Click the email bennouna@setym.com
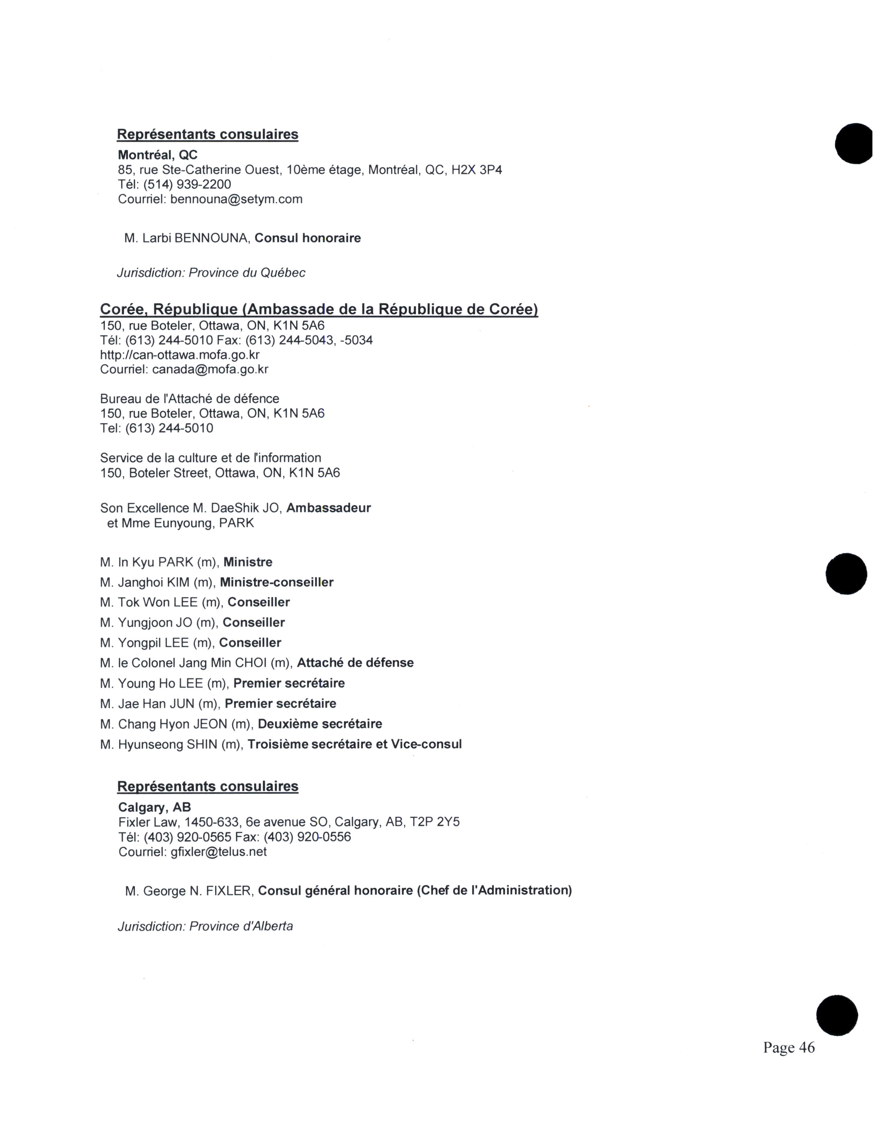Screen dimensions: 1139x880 (x=236, y=199)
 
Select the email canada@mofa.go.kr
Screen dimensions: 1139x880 (x=210, y=370)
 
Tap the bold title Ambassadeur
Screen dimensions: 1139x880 (x=329, y=508)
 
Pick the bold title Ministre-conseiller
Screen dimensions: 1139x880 (x=276, y=583)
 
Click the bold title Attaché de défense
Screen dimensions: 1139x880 (x=355, y=663)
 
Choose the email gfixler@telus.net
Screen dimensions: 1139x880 (x=218, y=851)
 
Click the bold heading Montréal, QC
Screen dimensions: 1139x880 (x=157, y=155)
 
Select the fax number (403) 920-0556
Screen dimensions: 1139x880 (x=307, y=837)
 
